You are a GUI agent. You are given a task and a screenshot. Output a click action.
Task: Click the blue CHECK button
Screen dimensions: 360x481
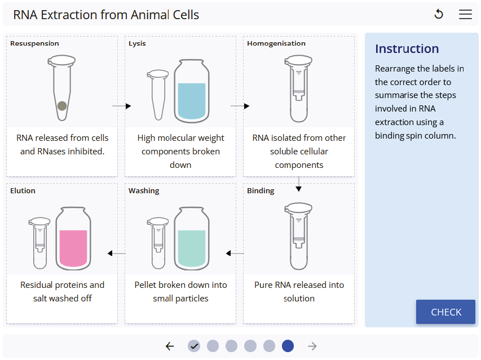[x=445, y=312]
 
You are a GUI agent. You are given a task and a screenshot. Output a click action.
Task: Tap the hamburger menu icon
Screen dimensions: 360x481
[x=465, y=15]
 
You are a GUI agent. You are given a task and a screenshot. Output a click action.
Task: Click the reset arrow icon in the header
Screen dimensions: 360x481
[x=439, y=15]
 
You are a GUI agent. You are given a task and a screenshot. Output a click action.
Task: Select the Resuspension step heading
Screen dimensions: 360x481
[x=34, y=43]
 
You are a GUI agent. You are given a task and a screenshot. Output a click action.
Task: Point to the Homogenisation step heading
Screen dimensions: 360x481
[x=276, y=43]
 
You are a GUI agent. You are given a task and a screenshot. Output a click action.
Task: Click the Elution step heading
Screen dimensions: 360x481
[x=23, y=191]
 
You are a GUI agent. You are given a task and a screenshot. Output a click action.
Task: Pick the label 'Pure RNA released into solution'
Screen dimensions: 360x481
[x=299, y=291]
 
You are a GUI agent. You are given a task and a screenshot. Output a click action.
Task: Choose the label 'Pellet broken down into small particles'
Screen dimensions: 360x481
[x=180, y=291]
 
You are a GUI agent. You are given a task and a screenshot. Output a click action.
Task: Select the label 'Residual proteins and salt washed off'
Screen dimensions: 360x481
[x=62, y=291]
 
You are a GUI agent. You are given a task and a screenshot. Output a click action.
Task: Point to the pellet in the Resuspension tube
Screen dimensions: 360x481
[x=62, y=105]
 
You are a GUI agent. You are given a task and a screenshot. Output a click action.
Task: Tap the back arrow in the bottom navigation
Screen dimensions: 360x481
[x=170, y=346]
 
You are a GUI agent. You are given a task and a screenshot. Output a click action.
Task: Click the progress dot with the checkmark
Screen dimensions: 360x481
[x=194, y=346]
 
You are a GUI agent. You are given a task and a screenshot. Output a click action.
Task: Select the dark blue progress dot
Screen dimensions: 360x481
[x=288, y=346]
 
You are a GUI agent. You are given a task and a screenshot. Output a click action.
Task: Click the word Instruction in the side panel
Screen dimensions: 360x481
[x=407, y=49]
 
